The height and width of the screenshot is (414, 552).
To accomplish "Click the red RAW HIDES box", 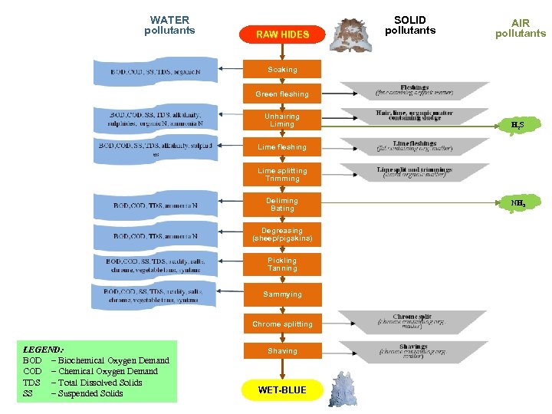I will click(282, 34).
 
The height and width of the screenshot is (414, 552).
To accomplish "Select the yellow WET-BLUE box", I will click(281, 390).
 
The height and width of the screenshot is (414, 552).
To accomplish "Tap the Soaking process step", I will click(282, 70).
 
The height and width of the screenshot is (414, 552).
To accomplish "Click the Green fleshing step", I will click(282, 94).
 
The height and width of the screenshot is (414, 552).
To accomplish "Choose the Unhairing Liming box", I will click(282, 120).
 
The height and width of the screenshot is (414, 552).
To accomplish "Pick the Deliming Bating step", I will click(282, 205).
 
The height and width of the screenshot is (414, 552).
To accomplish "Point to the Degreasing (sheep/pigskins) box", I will click(282, 235).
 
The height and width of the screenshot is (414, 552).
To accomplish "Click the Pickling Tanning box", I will click(282, 264).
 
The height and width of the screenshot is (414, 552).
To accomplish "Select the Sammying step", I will click(282, 294).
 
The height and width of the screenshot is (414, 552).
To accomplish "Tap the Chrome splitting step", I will click(282, 324).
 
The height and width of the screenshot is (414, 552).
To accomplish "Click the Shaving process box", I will click(282, 351).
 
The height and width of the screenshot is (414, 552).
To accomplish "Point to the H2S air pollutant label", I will click(517, 124).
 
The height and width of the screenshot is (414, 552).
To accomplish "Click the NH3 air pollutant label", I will click(518, 204).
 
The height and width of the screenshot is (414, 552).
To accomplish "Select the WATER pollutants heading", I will click(169, 25).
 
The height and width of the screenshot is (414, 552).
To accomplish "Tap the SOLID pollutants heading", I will click(410, 25).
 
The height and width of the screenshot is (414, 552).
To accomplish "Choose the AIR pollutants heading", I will click(521, 28).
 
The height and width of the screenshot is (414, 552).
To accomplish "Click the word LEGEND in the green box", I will click(44, 349).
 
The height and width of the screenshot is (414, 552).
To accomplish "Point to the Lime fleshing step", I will click(282, 147).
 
